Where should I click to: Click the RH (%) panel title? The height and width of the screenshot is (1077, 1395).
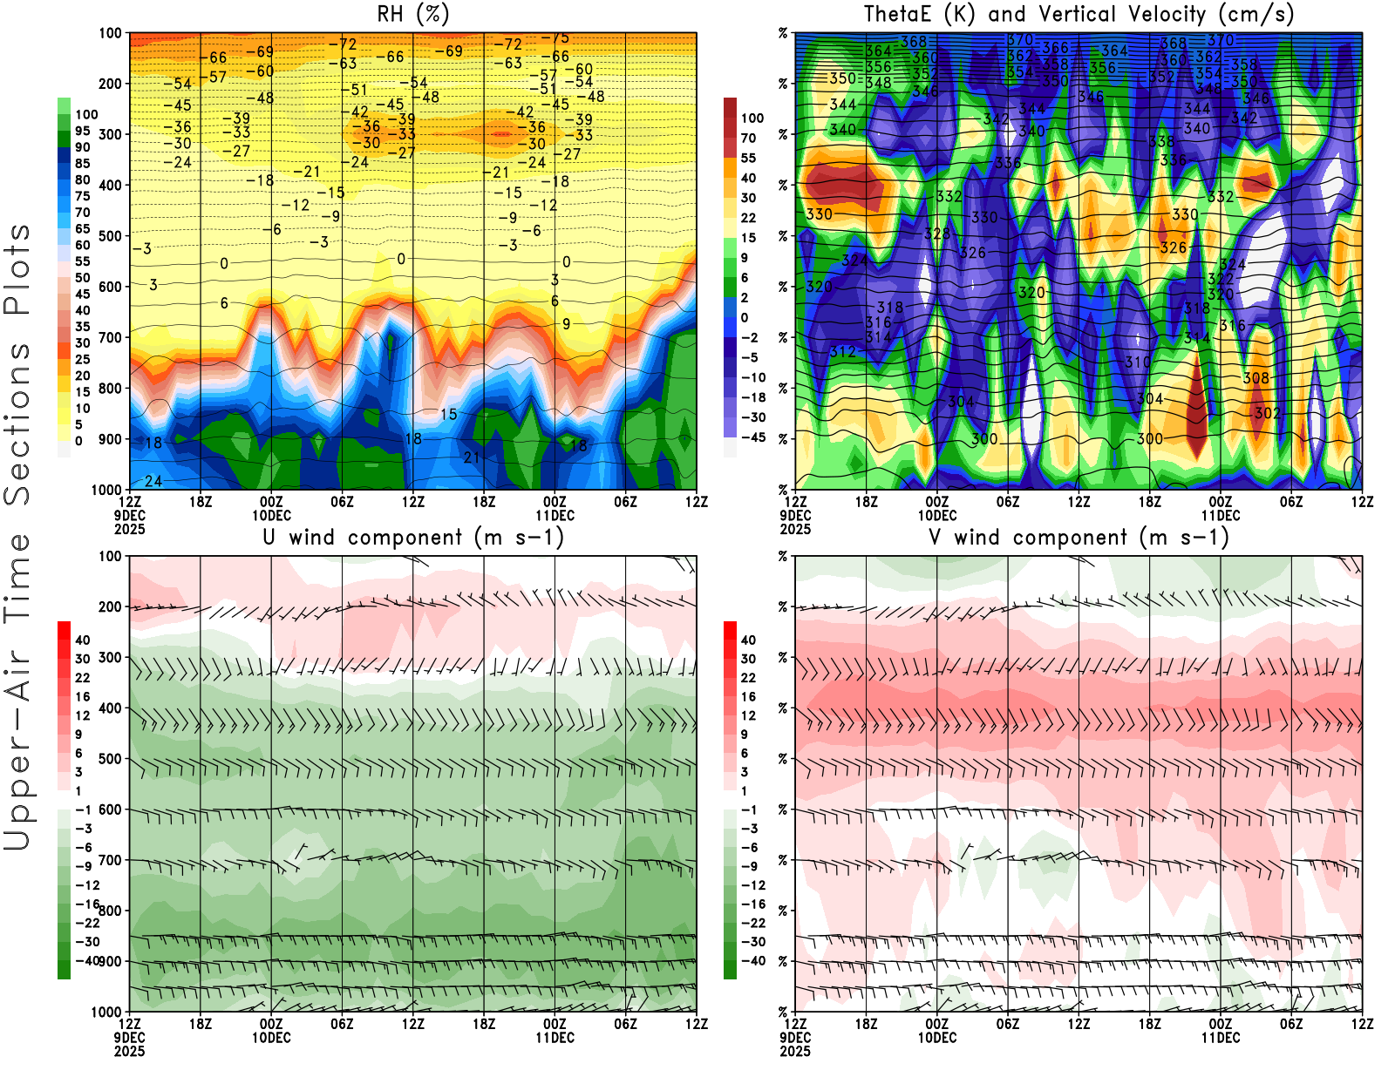(x=413, y=14)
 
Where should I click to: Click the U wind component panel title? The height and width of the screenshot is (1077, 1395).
(x=413, y=538)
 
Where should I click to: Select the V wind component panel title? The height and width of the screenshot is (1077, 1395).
(x=1079, y=538)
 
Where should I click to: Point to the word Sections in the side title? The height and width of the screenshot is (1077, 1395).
(x=17, y=423)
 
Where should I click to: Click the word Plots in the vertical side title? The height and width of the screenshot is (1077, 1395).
(x=17, y=269)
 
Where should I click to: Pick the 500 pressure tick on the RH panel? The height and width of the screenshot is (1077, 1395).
(x=110, y=236)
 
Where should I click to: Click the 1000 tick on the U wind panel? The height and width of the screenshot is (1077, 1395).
(x=106, y=1013)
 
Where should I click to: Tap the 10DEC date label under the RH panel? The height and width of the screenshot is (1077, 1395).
(x=271, y=515)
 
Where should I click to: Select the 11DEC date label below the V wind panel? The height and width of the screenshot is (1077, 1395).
(x=1220, y=1038)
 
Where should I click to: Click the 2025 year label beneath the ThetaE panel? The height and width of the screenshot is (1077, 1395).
(x=795, y=529)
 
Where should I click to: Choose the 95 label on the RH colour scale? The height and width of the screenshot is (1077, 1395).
(x=82, y=131)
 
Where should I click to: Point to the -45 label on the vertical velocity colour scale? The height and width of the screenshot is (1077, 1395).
(x=752, y=437)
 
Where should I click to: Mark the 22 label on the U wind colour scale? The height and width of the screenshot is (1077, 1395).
(x=82, y=678)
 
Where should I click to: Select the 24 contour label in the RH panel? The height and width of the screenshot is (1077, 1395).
(x=153, y=481)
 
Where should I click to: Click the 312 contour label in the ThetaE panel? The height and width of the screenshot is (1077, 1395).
(x=842, y=352)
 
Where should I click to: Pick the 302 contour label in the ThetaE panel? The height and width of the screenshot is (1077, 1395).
(x=1267, y=413)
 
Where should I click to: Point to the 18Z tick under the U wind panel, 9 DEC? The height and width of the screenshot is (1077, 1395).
(x=201, y=1025)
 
